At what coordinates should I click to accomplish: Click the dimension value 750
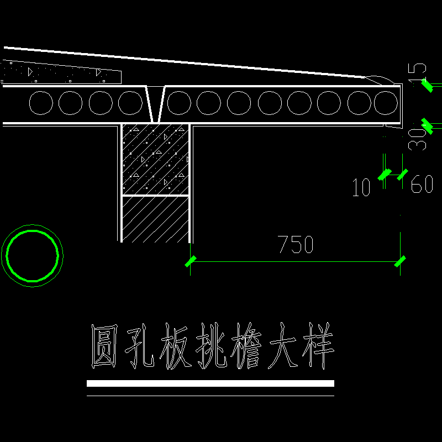click(x=296, y=244)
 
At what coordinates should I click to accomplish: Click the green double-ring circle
click(x=32, y=255)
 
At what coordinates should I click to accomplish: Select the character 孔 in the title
click(x=138, y=346)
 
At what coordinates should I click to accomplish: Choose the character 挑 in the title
click(x=212, y=346)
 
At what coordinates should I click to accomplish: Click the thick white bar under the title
click(x=211, y=383)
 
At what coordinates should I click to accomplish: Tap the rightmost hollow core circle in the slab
click(x=386, y=103)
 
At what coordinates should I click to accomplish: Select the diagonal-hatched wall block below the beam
click(x=155, y=219)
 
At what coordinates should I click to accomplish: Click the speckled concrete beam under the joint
click(x=155, y=160)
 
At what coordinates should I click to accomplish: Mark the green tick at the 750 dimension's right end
click(x=400, y=261)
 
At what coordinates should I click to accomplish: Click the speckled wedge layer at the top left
click(x=61, y=72)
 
